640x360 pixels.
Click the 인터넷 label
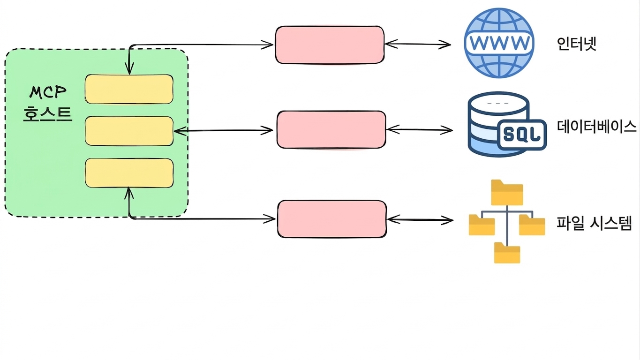(577, 44)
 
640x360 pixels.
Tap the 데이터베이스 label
(596, 126)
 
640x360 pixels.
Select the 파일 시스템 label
(595, 223)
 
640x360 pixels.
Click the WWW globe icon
(499, 43)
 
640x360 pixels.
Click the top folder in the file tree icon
(507, 192)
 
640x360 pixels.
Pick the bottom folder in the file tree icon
(507, 253)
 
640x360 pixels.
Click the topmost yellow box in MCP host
(129, 89)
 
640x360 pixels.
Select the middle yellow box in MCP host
(129, 131)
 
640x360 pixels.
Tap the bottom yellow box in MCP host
(129, 173)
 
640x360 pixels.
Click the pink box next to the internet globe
(330, 45)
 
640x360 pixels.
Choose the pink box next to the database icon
(331, 130)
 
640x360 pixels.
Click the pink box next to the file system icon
(332, 219)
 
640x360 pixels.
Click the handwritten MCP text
(48, 92)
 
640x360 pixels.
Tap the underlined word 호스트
(47, 114)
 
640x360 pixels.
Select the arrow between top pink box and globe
(418, 44)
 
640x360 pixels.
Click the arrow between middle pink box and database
(420, 130)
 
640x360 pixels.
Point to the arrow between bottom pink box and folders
(420, 220)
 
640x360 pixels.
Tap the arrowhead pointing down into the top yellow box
(129, 68)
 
